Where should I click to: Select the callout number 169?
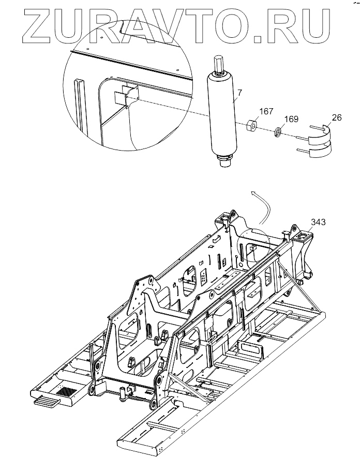point(292,120)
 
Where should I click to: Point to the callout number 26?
point(336,118)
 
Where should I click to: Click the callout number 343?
point(318,223)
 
